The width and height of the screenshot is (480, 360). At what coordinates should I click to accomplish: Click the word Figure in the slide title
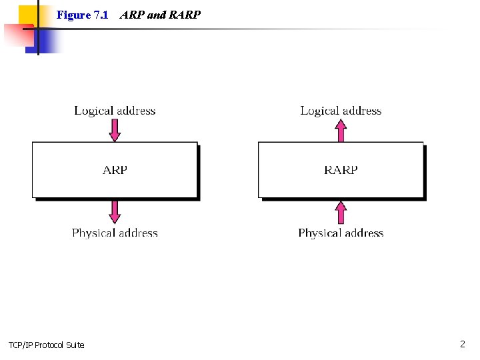click(73, 15)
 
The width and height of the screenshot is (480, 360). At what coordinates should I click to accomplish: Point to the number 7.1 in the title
click(100, 15)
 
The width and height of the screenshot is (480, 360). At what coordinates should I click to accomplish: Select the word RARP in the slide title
click(185, 15)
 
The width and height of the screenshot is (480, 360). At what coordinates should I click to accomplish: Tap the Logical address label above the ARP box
click(115, 111)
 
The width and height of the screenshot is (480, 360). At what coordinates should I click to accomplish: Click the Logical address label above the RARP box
click(341, 111)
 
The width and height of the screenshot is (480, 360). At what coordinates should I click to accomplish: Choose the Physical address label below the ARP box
click(115, 233)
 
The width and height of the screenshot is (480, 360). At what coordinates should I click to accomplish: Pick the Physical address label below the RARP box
click(341, 233)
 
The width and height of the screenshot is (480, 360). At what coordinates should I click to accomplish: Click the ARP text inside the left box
click(115, 170)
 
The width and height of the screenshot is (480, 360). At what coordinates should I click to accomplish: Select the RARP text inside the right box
click(341, 170)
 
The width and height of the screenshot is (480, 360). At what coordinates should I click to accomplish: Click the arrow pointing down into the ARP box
click(115, 130)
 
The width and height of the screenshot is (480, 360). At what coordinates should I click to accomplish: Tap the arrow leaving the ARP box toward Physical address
click(115, 212)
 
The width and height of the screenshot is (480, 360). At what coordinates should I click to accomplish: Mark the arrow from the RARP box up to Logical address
click(341, 130)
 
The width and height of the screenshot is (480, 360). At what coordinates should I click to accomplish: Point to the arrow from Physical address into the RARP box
click(341, 213)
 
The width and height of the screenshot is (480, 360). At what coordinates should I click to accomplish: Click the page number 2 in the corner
click(462, 344)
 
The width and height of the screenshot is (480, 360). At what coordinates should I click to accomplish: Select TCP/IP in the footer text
click(21, 345)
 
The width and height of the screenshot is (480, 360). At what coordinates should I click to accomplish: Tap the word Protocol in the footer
click(51, 345)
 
